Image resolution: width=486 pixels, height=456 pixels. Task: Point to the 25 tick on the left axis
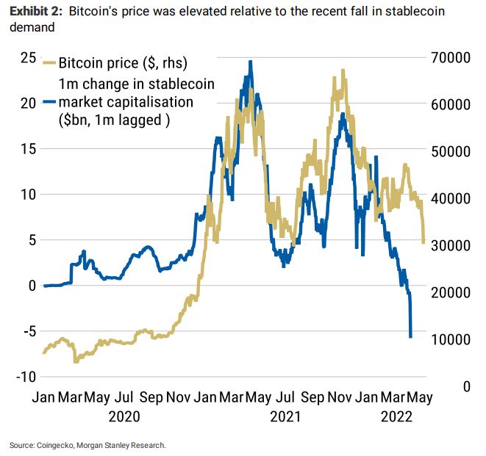pos(28,58)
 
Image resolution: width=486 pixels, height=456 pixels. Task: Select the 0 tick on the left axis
pos(31,285)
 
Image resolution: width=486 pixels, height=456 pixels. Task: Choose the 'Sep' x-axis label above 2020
pos(151,397)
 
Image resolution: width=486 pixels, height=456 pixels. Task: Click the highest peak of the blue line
pos(251,62)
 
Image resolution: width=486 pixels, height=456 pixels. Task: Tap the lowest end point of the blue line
pos(410,336)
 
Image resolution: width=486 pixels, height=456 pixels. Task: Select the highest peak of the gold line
pos(343,70)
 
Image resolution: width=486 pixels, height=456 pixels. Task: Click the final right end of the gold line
pos(424,242)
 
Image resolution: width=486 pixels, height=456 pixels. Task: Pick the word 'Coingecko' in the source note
pos(55,445)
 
